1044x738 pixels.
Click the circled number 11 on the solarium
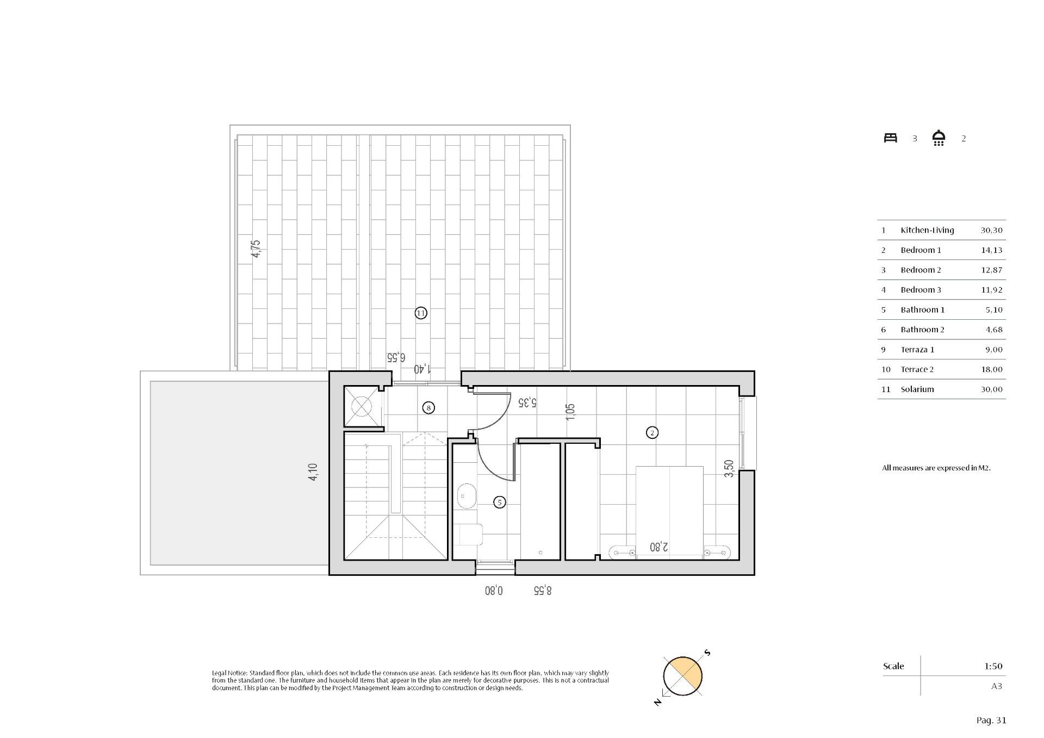tap(420, 313)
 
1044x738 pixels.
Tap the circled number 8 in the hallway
tap(428, 407)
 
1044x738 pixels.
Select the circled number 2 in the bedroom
tap(652, 432)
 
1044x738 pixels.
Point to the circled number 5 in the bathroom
tap(499, 503)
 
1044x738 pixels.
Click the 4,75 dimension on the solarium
tap(256, 249)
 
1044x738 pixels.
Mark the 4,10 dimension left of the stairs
tap(313, 472)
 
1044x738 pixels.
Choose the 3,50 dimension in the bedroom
tap(730, 468)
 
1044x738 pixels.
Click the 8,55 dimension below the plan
tap(542, 590)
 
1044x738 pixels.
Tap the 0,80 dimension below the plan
tap(494, 590)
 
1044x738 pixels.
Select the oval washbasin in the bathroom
tap(466, 496)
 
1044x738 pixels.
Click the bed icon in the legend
tap(890, 138)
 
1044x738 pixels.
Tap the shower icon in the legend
tap(939, 138)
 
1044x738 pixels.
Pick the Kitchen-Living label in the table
tap(927, 230)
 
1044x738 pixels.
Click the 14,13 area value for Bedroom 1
tap(991, 250)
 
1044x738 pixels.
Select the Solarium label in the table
tap(917, 389)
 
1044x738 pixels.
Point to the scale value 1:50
tap(993, 666)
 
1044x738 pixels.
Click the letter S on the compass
tap(707, 653)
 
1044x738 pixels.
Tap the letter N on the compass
tap(658, 702)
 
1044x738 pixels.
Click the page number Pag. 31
tap(991, 721)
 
